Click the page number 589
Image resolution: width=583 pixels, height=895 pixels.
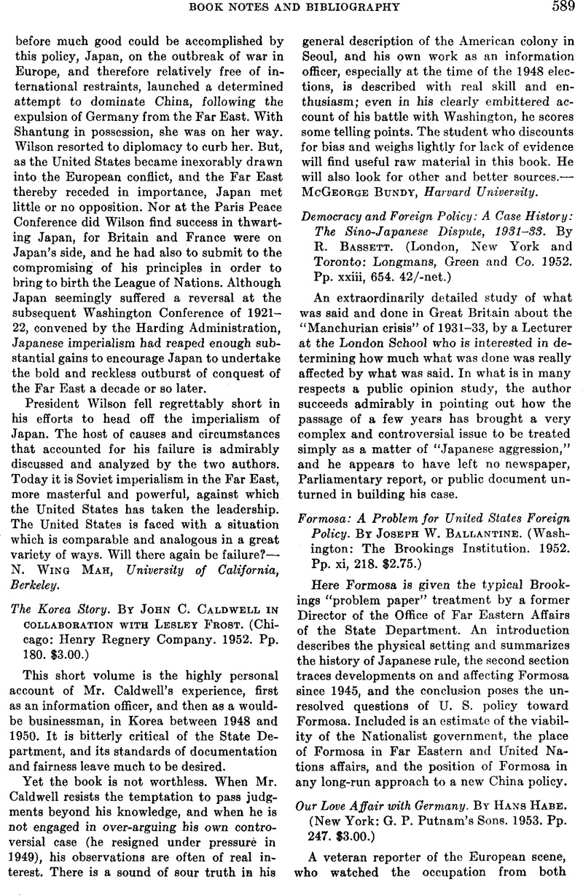558,7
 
